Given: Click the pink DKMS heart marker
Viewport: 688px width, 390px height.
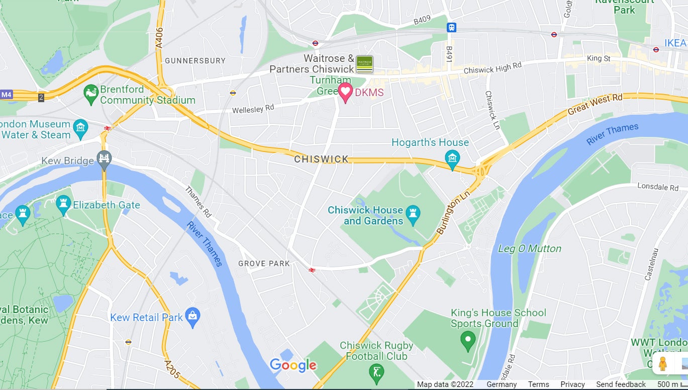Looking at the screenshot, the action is pos(345,92).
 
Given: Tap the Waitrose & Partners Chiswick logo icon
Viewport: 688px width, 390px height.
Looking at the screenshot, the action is pos(364,64).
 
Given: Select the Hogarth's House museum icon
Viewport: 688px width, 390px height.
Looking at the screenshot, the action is pos(452,159).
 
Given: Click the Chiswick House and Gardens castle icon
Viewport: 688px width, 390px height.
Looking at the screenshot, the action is pos(413,214).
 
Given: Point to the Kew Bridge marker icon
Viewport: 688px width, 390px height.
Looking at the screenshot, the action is pos(105,159).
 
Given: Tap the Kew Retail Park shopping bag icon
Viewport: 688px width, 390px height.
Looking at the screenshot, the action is pos(192,317).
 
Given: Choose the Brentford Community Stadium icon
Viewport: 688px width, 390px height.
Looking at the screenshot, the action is pos(91,94).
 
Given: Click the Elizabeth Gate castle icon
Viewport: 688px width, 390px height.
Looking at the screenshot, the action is pos(63,204).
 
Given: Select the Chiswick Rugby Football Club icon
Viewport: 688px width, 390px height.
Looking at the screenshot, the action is pos(376,373).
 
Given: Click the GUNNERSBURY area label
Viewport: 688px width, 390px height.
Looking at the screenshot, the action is pos(195,60).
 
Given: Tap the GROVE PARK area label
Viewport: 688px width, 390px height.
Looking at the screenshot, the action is pos(264,263).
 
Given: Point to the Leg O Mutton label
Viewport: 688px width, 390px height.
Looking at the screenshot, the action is pos(530,249).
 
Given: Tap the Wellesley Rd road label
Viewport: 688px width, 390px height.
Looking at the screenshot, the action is pos(253,109).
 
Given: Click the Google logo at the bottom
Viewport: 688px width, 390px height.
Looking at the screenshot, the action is pos(293,365).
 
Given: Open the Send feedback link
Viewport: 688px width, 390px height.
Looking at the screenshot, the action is pos(621,384).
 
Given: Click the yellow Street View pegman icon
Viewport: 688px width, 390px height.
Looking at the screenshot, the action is pos(663,363).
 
